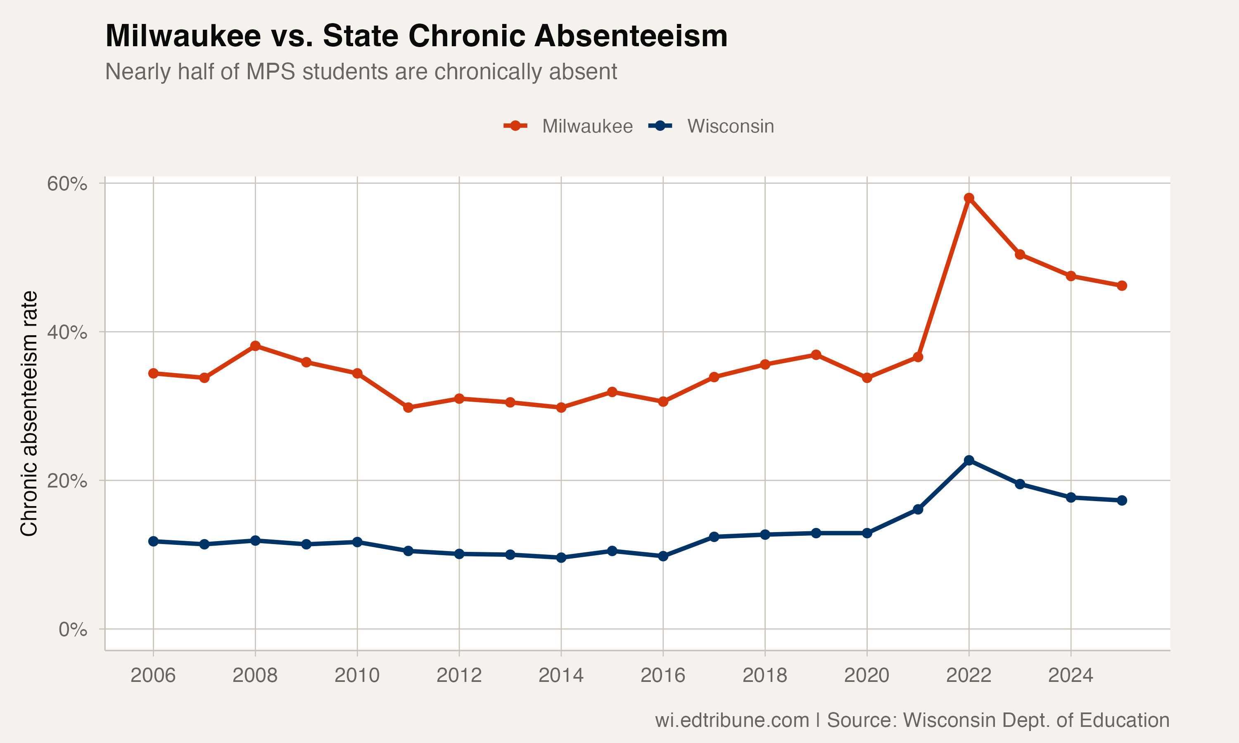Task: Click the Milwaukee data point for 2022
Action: [968, 198]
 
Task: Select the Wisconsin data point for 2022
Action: [968, 460]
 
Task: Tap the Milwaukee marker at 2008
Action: [255, 345]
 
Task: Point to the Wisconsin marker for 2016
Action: [663, 556]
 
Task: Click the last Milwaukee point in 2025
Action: [1122, 285]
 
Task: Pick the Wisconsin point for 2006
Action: [153, 541]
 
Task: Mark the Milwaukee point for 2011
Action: [408, 407]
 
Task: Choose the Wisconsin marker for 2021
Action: [918, 509]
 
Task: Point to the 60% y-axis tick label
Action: [67, 184]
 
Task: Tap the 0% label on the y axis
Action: [73, 629]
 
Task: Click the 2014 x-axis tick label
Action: [561, 675]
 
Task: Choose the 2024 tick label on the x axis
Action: [1071, 675]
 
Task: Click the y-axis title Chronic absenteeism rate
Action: [29, 413]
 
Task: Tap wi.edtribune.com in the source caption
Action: [732, 720]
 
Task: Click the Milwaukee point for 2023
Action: [1020, 254]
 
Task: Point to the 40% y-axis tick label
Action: [67, 332]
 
